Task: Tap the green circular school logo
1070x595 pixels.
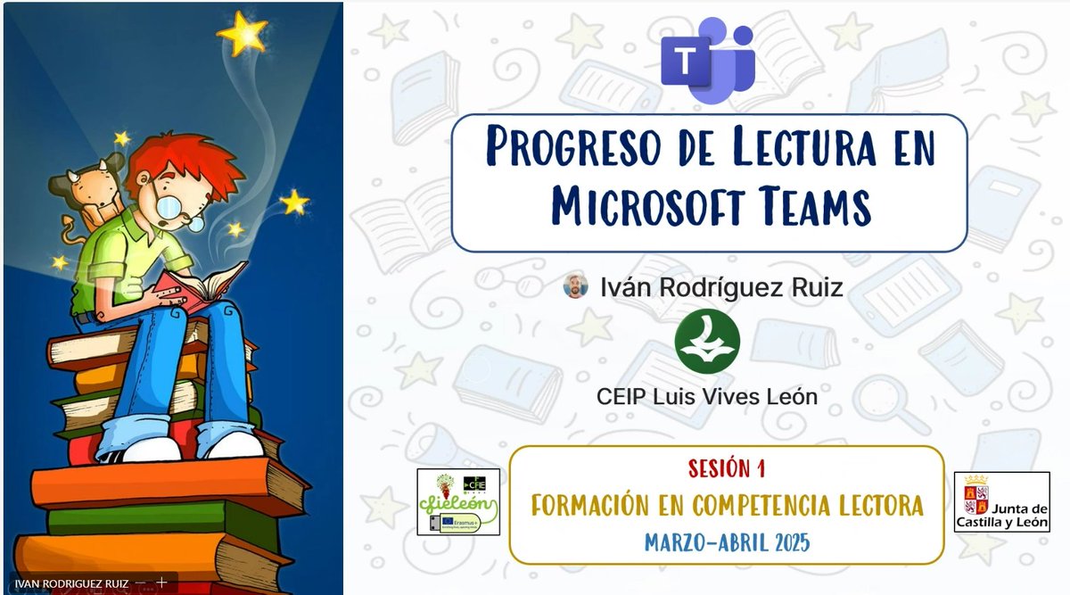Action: click(x=707, y=342)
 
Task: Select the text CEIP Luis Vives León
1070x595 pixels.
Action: click(x=707, y=397)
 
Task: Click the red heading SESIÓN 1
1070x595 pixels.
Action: click(x=727, y=467)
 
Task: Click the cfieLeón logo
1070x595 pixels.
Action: click(x=457, y=501)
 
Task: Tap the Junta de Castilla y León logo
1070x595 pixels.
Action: click(x=1001, y=502)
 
